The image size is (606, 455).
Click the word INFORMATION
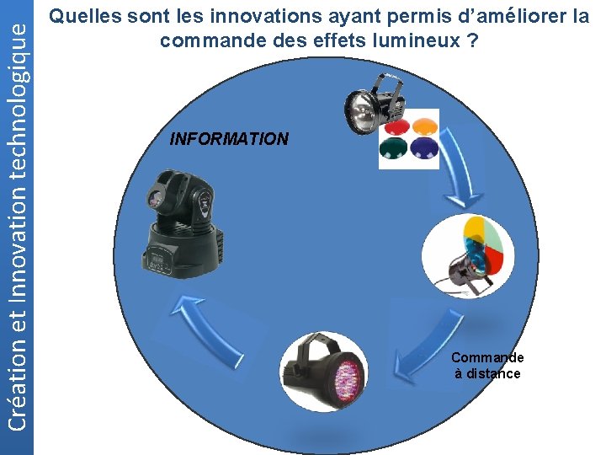point(229,139)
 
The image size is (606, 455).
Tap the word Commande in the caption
point(487,357)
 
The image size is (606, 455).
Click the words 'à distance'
point(487,373)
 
